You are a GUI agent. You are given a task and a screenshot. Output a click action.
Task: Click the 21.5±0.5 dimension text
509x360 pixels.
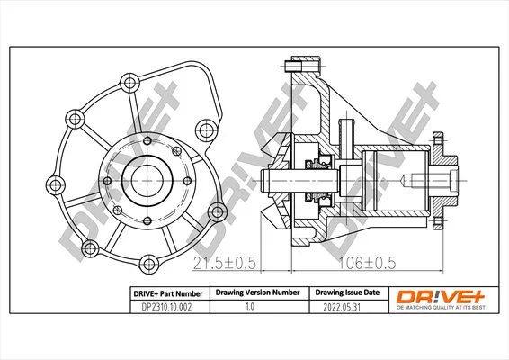point(224,263)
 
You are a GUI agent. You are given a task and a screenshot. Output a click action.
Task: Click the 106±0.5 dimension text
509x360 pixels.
point(367,263)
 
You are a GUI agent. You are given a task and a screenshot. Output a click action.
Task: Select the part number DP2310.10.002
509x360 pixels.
point(166,307)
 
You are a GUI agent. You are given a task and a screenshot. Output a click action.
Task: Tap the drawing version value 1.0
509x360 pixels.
point(250,306)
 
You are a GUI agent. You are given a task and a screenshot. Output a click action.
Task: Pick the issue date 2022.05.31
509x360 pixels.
point(342,307)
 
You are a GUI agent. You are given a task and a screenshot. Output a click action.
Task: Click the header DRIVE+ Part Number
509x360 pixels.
point(168,293)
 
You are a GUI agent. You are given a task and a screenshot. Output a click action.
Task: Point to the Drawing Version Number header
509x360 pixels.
point(258,292)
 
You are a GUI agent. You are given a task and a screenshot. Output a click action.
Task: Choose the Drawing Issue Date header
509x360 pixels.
point(347,292)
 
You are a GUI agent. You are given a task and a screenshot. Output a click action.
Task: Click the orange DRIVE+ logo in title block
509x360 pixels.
point(441,297)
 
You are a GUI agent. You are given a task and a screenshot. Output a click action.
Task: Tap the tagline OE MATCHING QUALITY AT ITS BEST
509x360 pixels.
point(441,308)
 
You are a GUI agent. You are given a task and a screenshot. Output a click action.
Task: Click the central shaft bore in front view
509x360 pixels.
point(147,181)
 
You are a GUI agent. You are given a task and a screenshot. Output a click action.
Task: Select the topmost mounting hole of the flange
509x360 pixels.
point(129,83)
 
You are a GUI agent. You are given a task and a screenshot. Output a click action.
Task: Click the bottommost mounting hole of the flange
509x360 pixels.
point(149,264)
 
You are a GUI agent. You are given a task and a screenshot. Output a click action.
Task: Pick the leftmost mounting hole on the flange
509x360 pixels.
point(56,185)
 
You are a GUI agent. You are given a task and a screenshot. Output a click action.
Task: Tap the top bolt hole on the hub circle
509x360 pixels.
point(147,140)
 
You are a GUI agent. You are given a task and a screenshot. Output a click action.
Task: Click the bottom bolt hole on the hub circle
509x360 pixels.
point(147,220)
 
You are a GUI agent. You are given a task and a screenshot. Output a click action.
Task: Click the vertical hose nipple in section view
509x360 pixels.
point(347,139)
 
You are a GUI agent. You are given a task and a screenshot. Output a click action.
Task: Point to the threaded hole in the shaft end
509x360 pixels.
point(428,181)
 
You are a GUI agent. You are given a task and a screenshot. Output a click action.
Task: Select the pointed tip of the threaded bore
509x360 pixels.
point(402,181)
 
